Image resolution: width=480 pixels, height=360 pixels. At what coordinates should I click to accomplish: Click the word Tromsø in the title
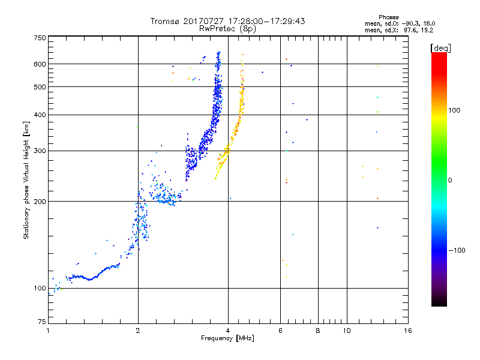(165, 21)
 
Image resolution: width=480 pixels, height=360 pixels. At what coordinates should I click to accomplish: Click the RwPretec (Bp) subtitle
(227, 28)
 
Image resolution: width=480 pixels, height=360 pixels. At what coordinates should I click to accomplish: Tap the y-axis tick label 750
(40, 37)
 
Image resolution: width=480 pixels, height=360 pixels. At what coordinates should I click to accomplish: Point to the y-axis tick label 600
(40, 64)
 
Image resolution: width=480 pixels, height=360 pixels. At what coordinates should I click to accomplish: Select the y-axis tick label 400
(40, 115)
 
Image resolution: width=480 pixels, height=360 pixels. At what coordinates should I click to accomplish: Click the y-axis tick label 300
(40, 151)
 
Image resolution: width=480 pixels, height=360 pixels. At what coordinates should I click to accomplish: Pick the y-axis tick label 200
(40, 201)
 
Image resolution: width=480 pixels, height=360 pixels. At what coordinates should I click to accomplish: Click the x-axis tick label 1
(48, 331)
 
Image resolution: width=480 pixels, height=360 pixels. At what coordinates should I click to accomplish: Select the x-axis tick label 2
(138, 331)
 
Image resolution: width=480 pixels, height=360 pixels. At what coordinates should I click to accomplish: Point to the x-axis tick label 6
(280, 331)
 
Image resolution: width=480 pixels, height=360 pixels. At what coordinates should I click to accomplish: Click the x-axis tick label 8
(318, 331)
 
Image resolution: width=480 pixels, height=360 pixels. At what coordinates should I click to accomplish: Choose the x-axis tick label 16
(408, 331)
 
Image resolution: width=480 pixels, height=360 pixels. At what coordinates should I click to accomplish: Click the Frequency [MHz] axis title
(227, 338)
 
